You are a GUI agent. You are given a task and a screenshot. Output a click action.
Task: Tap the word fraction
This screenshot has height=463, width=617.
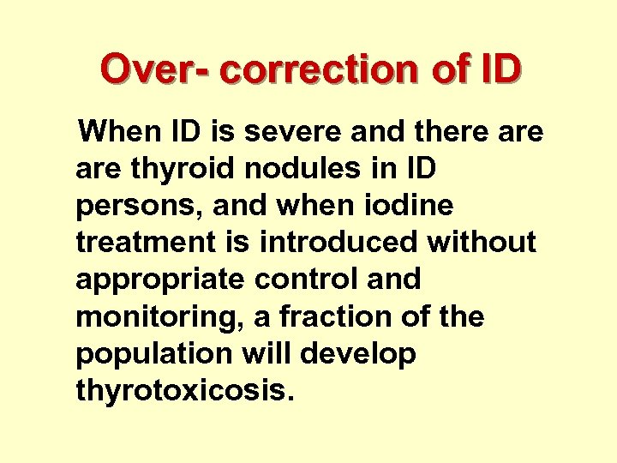click(x=310, y=317)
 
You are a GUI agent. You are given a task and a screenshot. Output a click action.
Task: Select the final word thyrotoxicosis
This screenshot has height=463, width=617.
click(x=185, y=391)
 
